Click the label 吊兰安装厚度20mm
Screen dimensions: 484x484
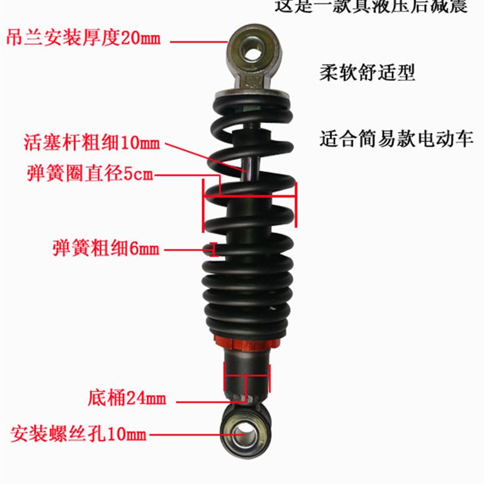pyautogui.click(x=83, y=38)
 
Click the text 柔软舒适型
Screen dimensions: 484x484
pyautogui.click(x=367, y=73)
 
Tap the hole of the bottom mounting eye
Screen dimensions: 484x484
pyautogui.click(x=246, y=432)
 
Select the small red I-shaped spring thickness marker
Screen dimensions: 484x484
pyautogui.click(x=212, y=249)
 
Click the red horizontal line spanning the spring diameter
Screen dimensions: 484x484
pyautogui.click(x=250, y=195)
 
